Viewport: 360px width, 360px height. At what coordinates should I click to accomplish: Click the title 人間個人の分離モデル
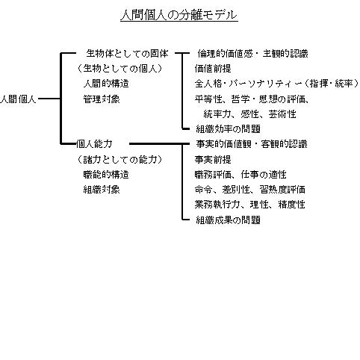(x=179, y=15)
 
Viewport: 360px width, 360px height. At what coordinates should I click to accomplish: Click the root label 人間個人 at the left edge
(x=18, y=99)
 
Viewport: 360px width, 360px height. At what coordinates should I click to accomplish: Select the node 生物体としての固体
(x=128, y=54)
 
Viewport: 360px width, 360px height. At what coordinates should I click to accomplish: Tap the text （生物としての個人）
(x=120, y=69)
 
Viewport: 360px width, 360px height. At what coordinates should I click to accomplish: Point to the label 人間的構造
(x=106, y=84)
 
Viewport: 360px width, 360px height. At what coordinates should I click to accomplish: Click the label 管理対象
(x=102, y=99)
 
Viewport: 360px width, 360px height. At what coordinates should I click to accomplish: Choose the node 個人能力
(x=94, y=144)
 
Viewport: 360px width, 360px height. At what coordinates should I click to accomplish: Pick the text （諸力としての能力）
(x=120, y=159)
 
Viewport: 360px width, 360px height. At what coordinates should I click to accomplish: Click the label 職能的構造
(x=106, y=175)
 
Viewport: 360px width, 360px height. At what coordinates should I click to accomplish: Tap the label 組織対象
(x=102, y=190)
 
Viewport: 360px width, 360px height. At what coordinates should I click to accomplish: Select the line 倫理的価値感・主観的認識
(x=253, y=54)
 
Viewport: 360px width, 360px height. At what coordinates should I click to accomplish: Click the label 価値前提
(x=213, y=69)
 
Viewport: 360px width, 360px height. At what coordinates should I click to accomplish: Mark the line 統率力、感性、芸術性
(x=249, y=114)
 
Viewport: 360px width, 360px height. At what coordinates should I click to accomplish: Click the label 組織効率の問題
(x=229, y=129)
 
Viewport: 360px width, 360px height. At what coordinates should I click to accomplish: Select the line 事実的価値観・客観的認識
(x=252, y=144)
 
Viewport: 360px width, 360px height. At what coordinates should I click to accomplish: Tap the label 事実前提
(x=213, y=159)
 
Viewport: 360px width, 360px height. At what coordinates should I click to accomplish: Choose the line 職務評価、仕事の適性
(x=240, y=175)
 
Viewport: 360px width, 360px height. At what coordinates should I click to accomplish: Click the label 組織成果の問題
(x=229, y=220)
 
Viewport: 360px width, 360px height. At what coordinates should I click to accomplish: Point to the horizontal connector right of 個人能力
(x=159, y=143)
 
